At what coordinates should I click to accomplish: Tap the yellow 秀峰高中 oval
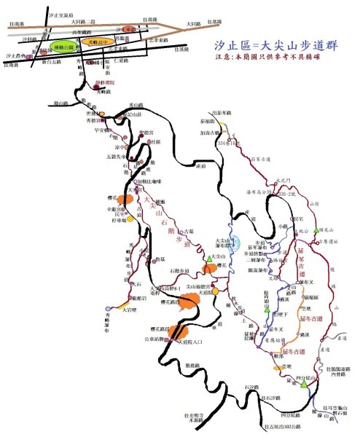98,42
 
